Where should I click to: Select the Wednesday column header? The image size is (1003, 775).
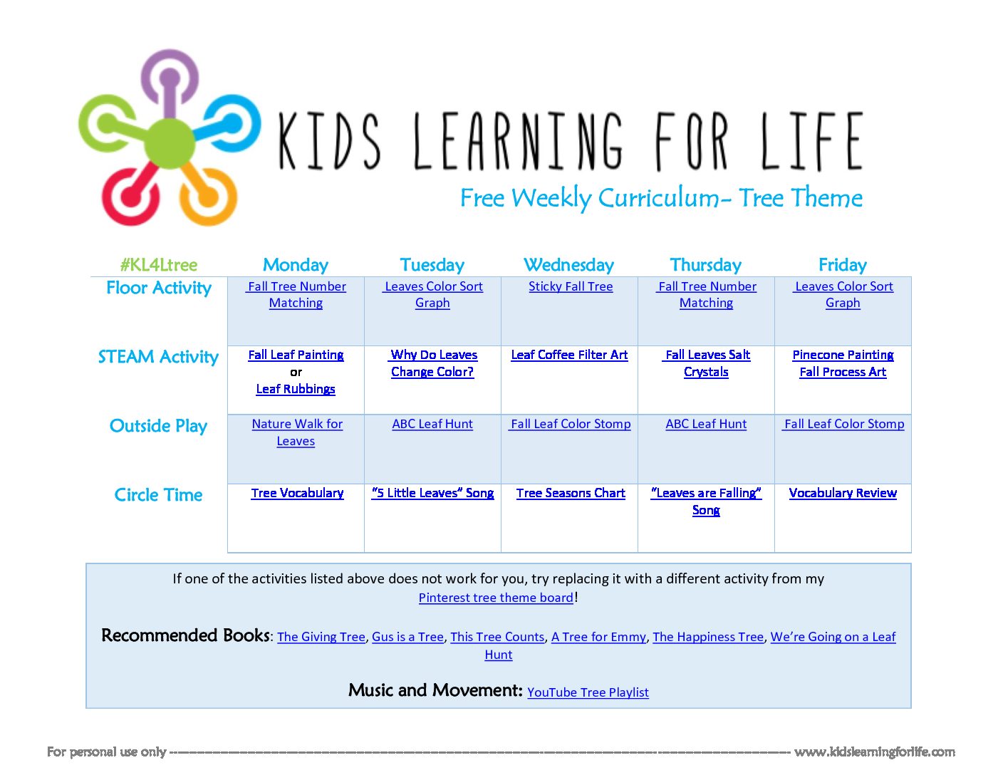tap(568, 265)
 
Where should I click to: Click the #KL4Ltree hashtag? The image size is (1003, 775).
tap(158, 265)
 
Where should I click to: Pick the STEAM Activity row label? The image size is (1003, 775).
tap(158, 357)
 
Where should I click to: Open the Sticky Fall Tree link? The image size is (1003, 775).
tap(571, 286)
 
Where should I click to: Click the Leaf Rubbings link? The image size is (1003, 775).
tap(296, 389)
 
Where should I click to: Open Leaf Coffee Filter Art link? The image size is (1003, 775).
tap(569, 355)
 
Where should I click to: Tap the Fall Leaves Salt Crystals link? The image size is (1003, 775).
tap(706, 363)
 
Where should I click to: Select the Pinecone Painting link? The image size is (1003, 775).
tap(843, 355)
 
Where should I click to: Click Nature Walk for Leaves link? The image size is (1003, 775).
tap(296, 432)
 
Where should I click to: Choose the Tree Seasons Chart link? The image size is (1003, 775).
tap(571, 493)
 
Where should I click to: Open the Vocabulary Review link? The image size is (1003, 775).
tap(843, 493)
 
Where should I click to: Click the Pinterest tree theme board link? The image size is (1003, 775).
tap(496, 598)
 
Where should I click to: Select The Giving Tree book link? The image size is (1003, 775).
tap(321, 637)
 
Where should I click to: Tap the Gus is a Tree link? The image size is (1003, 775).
tap(407, 637)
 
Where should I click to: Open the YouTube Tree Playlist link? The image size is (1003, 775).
tap(588, 692)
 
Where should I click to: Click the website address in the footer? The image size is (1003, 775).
tap(874, 752)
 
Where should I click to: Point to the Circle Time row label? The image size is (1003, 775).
tap(158, 495)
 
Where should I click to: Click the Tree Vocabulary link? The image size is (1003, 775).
tap(297, 493)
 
